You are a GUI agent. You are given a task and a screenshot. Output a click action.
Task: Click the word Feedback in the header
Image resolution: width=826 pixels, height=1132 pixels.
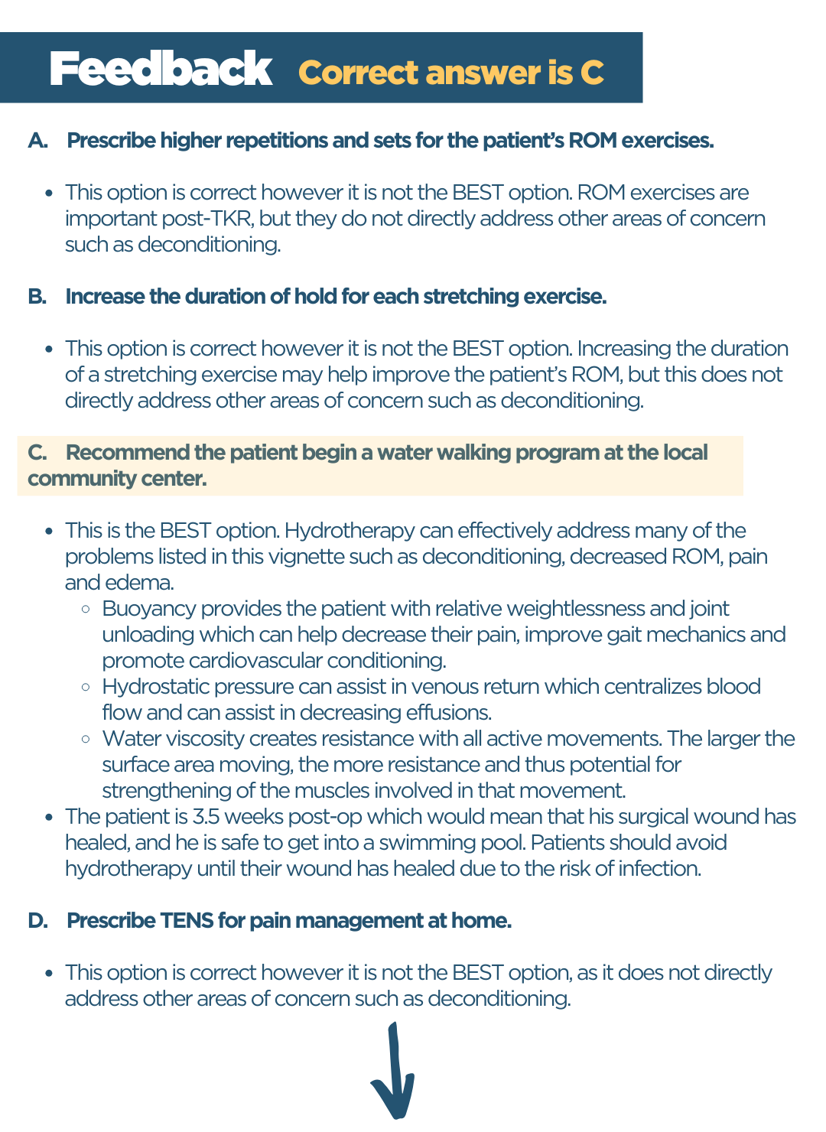click(161, 69)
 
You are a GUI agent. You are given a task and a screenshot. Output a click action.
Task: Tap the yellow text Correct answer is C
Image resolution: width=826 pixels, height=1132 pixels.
click(450, 73)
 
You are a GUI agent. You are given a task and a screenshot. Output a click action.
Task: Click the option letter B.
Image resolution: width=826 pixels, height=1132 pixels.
click(37, 297)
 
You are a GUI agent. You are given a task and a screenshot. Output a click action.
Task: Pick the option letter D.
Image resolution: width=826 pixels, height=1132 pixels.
click(37, 921)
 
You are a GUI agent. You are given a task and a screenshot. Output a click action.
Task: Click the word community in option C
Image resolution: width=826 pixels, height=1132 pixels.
click(73, 479)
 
